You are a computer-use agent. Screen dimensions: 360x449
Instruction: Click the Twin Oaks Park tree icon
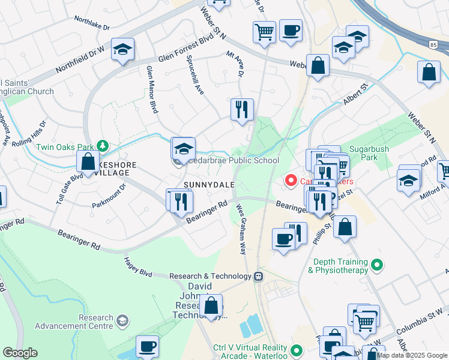click(x=103, y=146)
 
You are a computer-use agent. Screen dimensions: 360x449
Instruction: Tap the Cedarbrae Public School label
click(x=234, y=160)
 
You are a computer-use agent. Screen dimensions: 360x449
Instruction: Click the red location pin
click(x=292, y=180)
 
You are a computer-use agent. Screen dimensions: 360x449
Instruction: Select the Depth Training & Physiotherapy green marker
click(x=376, y=264)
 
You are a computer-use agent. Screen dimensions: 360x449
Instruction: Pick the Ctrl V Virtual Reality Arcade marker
click(x=295, y=350)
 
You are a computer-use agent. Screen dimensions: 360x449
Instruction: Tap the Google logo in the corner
click(x=20, y=352)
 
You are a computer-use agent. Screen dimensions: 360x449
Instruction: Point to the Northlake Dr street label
click(x=92, y=23)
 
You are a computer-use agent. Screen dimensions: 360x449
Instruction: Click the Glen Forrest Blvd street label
click(x=186, y=50)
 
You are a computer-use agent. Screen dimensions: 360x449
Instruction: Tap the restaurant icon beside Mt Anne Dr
click(x=242, y=110)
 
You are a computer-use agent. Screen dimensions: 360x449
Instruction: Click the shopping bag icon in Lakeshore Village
click(x=88, y=162)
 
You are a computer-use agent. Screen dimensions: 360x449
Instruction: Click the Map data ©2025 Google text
click(x=412, y=355)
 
